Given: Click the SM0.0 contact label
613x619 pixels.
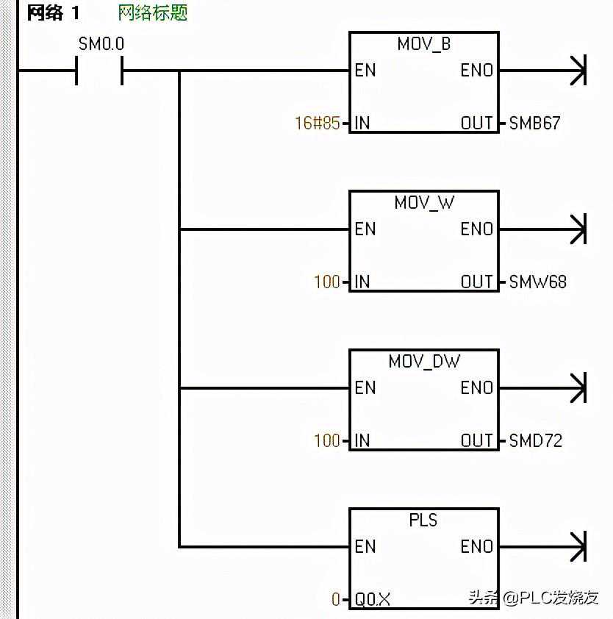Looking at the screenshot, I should pos(101,44).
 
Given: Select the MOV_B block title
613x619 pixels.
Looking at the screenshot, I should pos(423,44).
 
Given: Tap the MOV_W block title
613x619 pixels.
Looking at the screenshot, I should pos(424,203).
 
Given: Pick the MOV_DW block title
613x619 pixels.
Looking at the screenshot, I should pos(424,362).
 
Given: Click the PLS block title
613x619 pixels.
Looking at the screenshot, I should pos(423,520).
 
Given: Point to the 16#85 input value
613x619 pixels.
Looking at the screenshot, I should pos(317,124).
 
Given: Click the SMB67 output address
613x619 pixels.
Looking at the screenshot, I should pos(534,124).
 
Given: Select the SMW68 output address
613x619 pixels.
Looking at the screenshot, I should pos(537,282).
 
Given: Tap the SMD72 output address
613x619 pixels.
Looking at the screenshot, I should pos(535,441).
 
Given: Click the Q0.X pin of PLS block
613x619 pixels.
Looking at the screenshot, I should pos(373,600).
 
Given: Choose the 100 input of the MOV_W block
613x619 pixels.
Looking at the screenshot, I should pos(327,282).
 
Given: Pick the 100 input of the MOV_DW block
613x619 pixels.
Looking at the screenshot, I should pos(327,441).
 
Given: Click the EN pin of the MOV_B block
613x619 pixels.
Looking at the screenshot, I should pos(365,71).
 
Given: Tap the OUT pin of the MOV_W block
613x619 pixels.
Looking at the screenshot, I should pos(476,282).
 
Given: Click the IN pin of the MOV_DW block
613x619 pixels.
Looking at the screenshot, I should pos(362,441).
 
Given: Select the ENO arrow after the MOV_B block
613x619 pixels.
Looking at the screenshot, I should pos(578,71).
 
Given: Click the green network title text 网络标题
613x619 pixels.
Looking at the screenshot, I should pos(153,13).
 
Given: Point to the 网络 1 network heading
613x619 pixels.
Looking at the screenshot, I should pos(53,13).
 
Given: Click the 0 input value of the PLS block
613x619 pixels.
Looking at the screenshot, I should pos(336,600).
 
